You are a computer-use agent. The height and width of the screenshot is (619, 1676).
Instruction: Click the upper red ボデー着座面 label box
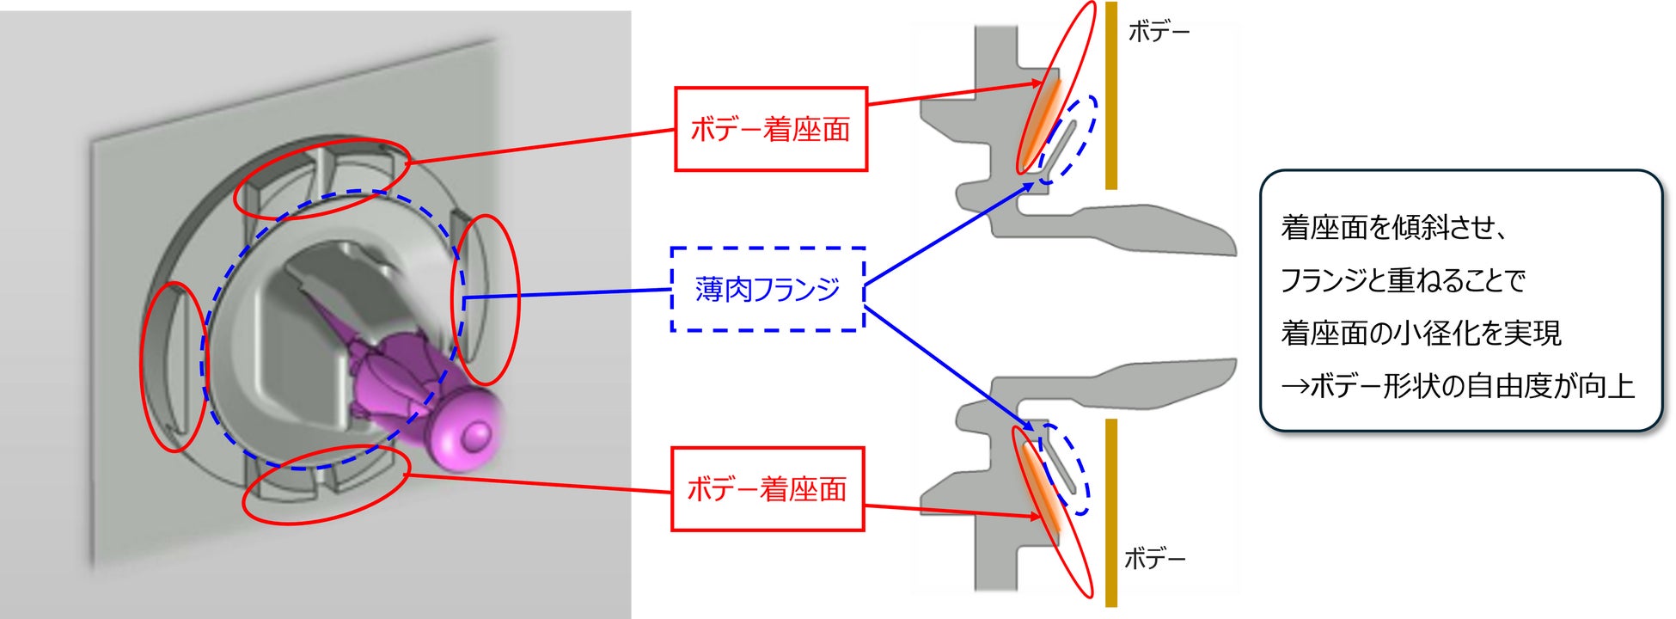point(770,129)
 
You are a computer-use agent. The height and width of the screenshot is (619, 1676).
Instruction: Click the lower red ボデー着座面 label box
point(767,488)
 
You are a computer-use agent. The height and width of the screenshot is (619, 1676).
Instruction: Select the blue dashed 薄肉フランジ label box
point(767,289)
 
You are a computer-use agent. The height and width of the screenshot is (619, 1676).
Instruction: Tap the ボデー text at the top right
point(1159,33)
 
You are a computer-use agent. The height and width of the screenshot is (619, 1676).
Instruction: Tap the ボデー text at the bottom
point(1154,560)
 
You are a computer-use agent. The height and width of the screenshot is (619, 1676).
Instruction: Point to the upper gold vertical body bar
point(1111,95)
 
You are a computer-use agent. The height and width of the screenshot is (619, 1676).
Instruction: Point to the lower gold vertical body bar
point(1111,512)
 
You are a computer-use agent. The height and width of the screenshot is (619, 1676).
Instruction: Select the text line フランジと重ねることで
point(1403,280)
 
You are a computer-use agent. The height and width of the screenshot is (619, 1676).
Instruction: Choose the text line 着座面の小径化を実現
point(1421,333)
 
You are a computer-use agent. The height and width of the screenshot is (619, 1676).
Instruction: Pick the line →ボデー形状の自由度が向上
point(1458,386)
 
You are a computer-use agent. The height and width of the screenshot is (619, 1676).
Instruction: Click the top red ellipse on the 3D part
point(322,177)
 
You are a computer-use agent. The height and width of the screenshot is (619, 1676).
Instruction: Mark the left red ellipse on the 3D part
point(173,366)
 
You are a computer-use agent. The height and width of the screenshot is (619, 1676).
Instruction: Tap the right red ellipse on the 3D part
point(486,298)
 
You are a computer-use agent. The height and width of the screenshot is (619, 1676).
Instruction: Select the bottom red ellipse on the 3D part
point(325,484)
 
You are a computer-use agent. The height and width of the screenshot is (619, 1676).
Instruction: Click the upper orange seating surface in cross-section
point(1042,120)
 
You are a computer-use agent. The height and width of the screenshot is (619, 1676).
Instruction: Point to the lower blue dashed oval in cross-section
point(1065,469)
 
